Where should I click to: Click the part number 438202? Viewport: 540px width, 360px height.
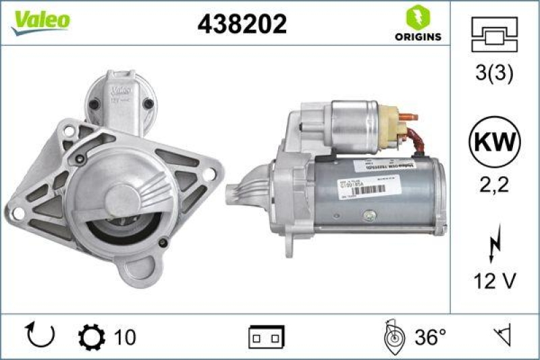point(242,24)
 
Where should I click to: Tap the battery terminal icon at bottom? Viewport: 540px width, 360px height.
point(267,336)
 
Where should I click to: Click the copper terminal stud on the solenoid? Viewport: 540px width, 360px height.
point(407,117)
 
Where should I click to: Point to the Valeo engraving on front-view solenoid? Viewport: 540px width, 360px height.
point(122,88)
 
